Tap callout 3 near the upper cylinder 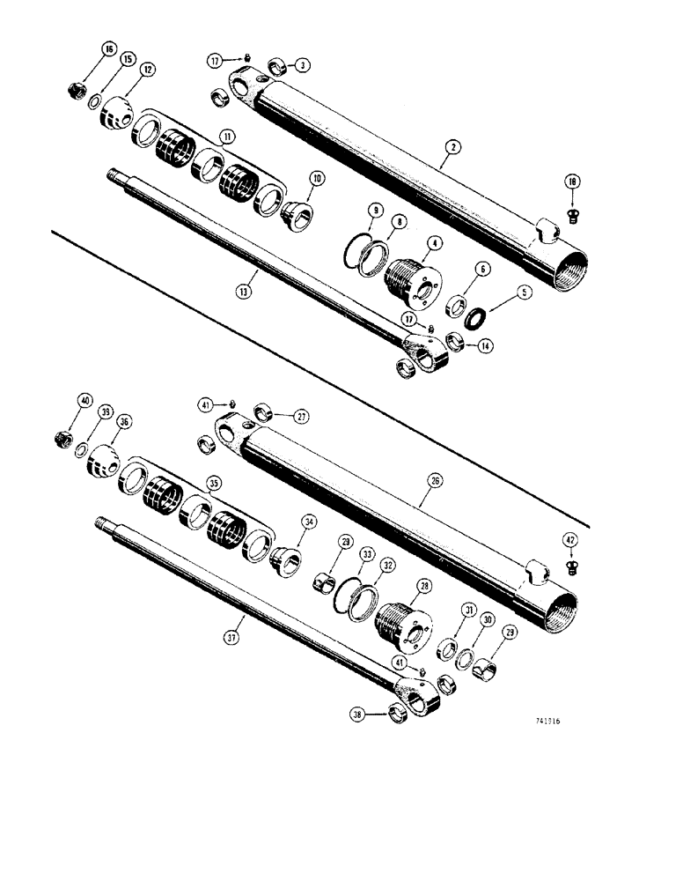click(302, 65)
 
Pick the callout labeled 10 click(316, 179)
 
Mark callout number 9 click(376, 211)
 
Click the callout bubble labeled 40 click(84, 399)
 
